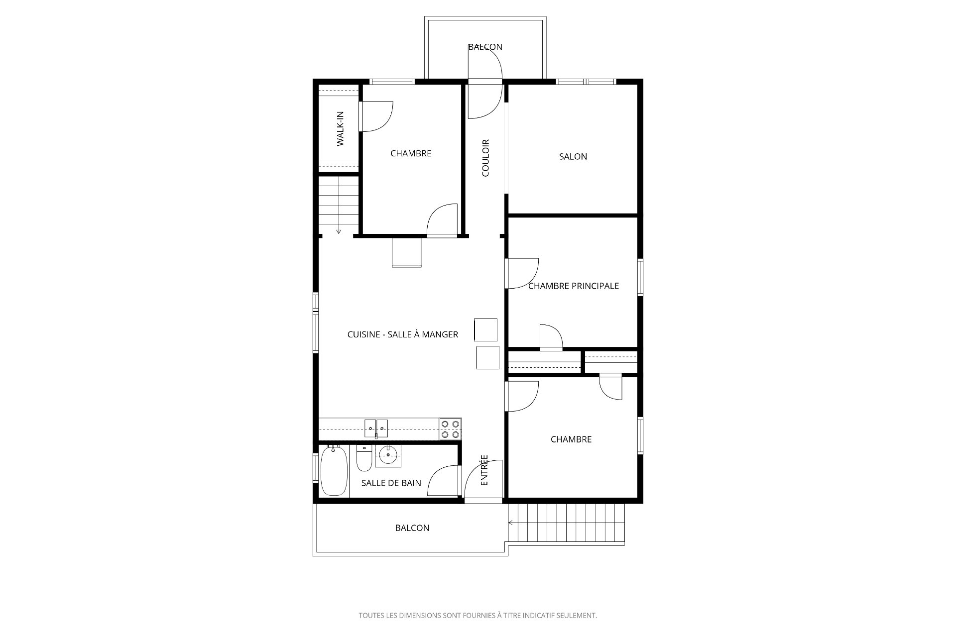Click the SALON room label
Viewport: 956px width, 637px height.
pyautogui.click(x=573, y=156)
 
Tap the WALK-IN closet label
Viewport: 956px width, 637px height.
pyautogui.click(x=341, y=129)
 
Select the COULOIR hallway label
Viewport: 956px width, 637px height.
pyautogui.click(x=485, y=158)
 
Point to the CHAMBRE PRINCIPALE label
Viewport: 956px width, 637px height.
pyautogui.click(x=573, y=286)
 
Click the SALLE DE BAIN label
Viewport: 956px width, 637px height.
pyautogui.click(x=391, y=483)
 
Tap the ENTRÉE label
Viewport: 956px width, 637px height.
pyautogui.click(x=484, y=470)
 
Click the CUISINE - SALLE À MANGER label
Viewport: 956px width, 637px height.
pyautogui.click(x=403, y=334)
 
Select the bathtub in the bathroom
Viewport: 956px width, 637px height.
pyautogui.click(x=334, y=471)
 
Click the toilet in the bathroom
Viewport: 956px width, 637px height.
pyautogui.click(x=364, y=458)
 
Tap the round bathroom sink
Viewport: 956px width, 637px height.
pyautogui.click(x=387, y=454)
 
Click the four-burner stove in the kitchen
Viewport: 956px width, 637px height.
pyautogui.click(x=450, y=429)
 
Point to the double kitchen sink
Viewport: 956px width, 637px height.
pyautogui.click(x=376, y=426)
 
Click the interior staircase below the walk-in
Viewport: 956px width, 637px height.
pyautogui.click(x=339, y=205)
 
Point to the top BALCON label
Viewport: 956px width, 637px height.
pyautogui.click(x=485, y=47)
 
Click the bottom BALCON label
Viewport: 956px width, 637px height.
pyautogui.click(x=412, y=528)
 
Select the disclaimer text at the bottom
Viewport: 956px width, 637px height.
pyautogui.click(x=478, y=616)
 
